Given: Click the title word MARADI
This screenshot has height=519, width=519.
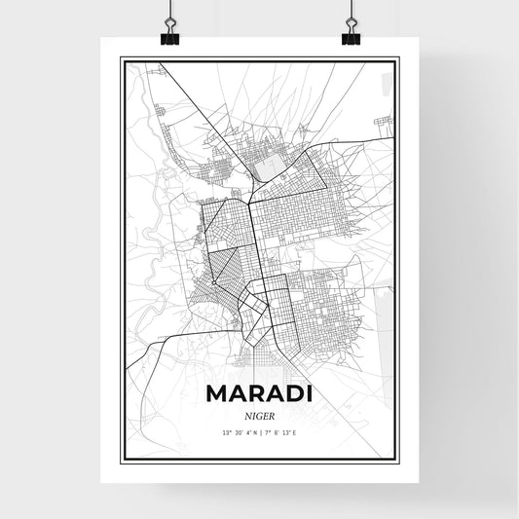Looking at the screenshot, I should (x=259, y=395).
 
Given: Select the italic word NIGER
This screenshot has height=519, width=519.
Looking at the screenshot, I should (x=259, y=416).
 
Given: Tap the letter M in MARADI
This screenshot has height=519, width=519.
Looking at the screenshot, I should (x=218, y=395).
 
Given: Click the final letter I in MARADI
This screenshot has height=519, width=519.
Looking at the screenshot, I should (x=309, y=395).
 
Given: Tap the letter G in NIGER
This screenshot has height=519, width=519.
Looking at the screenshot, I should (x=258, y=416).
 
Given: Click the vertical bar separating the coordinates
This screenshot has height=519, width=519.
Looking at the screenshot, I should (x=260, y=431).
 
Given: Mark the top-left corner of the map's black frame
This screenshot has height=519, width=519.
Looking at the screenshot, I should (x=121, y=58).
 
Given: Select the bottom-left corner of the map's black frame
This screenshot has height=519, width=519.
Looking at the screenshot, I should (x=121, y=459).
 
